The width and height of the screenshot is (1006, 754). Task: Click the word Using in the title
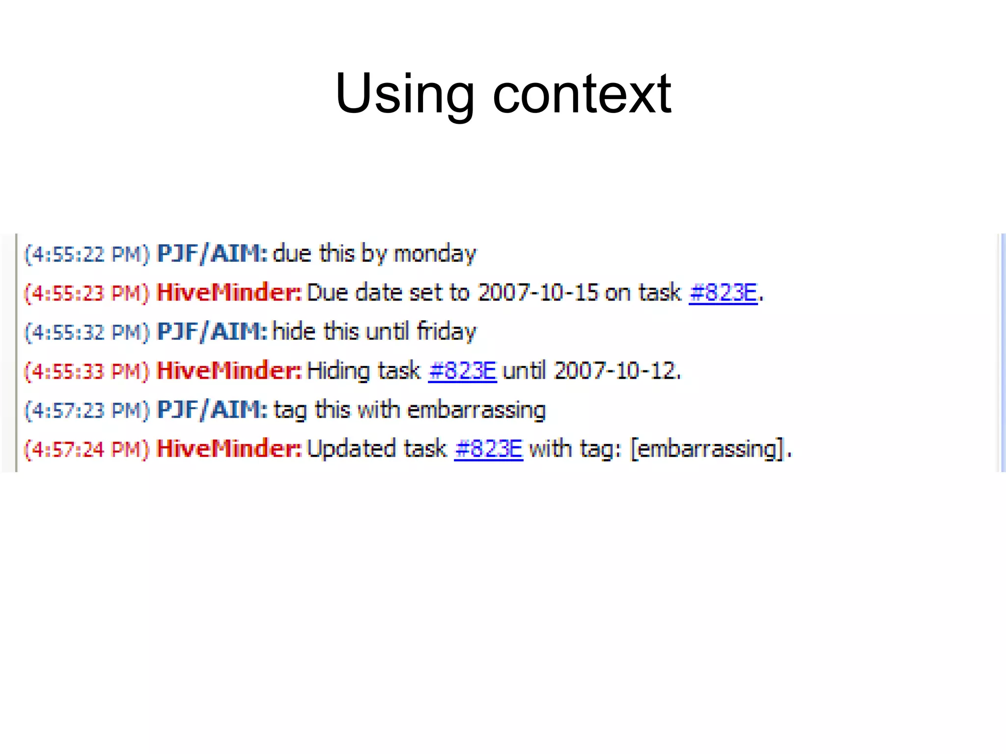pos(404,94)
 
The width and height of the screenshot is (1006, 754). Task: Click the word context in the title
pos(582,94)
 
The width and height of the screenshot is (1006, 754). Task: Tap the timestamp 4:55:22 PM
pos(86,254)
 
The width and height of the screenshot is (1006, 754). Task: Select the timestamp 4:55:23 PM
pos(86,293)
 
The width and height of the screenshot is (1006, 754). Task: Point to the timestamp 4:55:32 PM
pos(86,333)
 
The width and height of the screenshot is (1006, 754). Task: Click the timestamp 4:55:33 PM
pos(86,371)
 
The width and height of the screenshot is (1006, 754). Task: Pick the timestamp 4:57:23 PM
pos(86,411)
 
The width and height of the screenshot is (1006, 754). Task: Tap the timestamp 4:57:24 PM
pos(86,449)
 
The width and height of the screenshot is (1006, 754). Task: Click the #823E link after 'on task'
pos(723,293)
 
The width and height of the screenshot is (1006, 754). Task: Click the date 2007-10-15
pos(538,293)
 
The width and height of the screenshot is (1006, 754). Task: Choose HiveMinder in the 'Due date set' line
pos(228,293)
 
